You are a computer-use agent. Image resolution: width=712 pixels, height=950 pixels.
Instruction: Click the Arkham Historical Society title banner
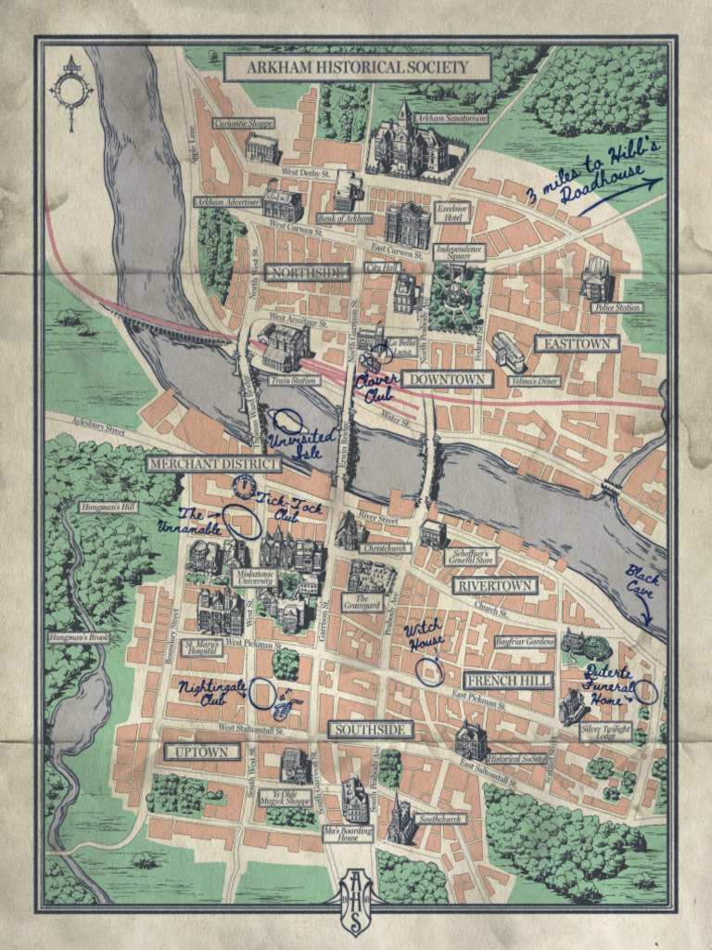(x=357, y=67)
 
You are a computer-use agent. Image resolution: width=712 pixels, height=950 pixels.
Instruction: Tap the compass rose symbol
(x=72, y=87)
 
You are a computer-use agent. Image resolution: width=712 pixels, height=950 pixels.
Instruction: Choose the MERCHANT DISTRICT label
(x=213, y=463)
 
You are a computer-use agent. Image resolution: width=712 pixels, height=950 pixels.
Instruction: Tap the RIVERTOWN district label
(x=494, y=585)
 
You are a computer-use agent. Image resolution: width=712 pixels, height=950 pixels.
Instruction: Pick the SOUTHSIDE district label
(x=370, y=729)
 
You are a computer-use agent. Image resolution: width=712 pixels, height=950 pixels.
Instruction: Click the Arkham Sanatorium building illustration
(x=407, y=144)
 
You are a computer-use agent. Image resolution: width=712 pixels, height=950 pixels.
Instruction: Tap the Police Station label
(x=617, y=307)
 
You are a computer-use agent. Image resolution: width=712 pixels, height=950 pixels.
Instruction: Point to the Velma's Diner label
(x=533, y=380)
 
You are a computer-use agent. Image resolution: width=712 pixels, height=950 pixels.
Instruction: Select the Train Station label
(x=294, y=380)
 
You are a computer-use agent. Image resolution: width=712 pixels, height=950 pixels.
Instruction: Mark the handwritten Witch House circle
(x=429, y=671)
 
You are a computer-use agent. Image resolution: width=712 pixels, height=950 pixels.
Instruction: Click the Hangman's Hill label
(x=108, y=507)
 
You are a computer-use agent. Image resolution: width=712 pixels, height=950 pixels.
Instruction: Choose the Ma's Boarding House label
(x=353, y=832)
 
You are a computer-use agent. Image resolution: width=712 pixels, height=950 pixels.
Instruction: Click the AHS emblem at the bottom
(x=355, y=899)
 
